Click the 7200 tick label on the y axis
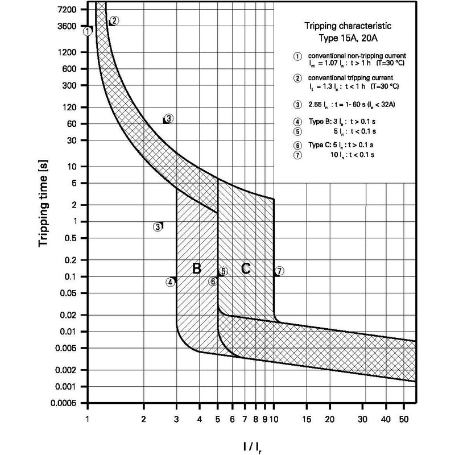pyautogui.click(x=68, y=10)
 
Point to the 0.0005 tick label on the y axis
pyautogui.click(x=64, y=403)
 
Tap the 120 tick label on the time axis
pyautogui.click(x=70, y=107)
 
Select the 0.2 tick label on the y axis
pyautogui.click(x=71, y=260)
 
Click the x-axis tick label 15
pyautogui.click(x=307, y=419)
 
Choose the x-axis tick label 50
pyautogui.click(x=404, y=419)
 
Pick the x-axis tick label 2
pyautogui.click(x=143, y=419)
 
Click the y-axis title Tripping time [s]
pyautogui.click(x=43, y=204)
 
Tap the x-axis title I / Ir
pyautogui.click(x=252, y=446)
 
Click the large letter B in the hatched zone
pyautogui.click(x=197, y=268)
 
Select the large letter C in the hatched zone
pyautogui.click(x=246, y=268)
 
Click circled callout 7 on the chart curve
pyautogui.click(x=279, y=271)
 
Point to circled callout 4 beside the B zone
pyautogui.click(x=171, y=282)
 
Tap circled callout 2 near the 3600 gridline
pyautogui.click(x=114, y=20)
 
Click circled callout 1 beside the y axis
pyautogui.click(x=88, y=31)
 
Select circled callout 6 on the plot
pyautogui.click(x=213, y=281)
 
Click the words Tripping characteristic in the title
pyautogui.click(x=348, y=26)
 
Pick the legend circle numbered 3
pyautogui.click(x=297, y=105)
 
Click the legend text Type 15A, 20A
pyautogui.click(x=348, y=38)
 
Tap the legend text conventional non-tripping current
pyautogui.click(x=357, y=55)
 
